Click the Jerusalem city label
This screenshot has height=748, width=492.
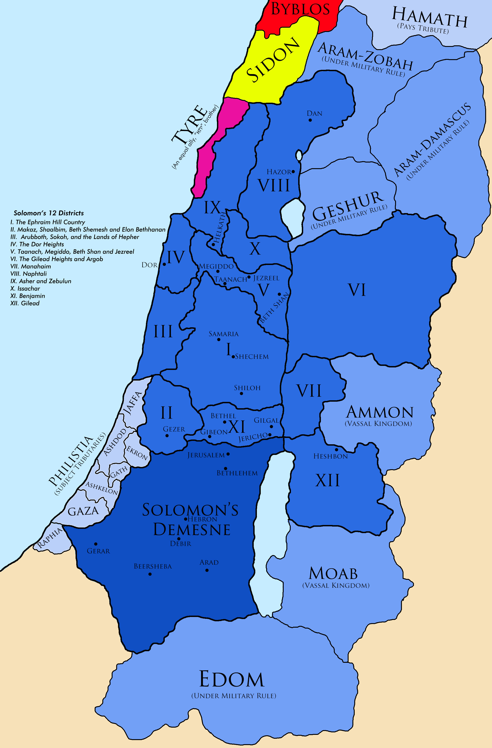point(206,455)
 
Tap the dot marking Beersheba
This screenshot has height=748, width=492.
point(150,574)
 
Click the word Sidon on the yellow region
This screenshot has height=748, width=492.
point(272,59)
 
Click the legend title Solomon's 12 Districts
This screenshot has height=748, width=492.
point(49,213)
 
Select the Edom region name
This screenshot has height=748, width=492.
point(232,680)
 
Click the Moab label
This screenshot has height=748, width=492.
point(333,574)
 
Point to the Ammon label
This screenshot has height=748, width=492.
point(380,412)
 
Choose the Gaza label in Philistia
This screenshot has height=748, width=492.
point(83,511)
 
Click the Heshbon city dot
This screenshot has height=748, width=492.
point(336,450)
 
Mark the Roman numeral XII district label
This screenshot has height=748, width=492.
point(327,481)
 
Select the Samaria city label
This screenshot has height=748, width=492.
point(224,334)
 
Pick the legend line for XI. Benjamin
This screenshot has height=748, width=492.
point(28,296)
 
